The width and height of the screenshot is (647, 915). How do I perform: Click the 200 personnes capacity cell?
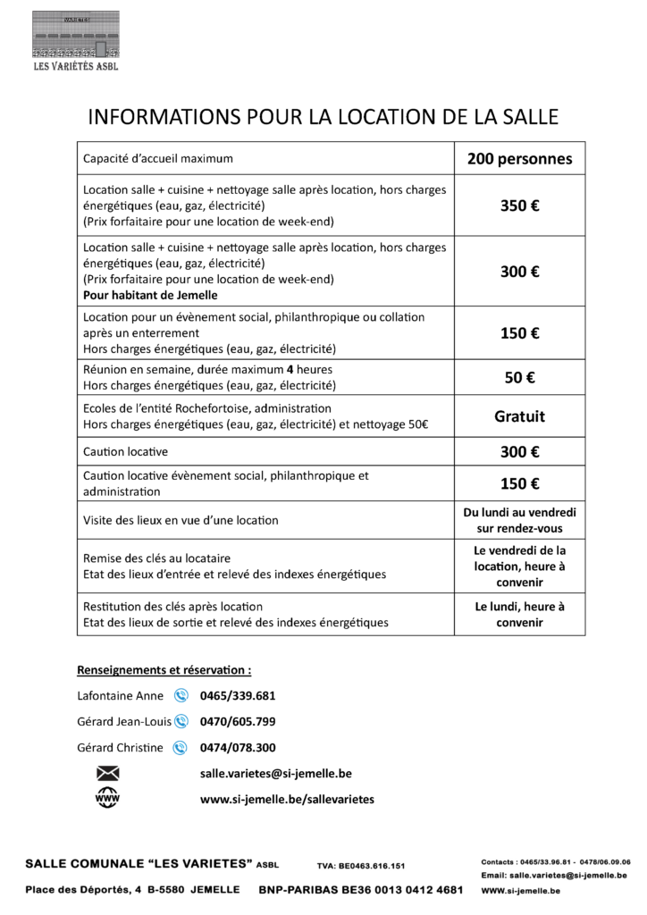click(519, 159)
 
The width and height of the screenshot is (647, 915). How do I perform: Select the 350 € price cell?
click(519, 206)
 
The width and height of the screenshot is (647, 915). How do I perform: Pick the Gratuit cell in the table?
click(519, 416)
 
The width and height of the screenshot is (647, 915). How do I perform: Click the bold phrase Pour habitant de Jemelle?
click(150, 295)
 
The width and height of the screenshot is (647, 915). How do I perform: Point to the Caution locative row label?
click(125, 451)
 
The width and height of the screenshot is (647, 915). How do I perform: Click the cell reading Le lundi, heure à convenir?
click(519, 614)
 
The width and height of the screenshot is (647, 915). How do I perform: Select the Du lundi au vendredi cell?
click(519, 520)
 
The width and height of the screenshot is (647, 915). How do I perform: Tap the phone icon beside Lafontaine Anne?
click(181, 695)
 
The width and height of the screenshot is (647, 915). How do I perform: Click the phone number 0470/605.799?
click(238, 721)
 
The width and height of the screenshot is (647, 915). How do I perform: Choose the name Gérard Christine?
click(121, 747)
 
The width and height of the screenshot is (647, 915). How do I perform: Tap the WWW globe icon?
click(106, 798)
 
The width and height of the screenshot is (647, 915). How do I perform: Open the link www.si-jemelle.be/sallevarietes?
click(287, 799)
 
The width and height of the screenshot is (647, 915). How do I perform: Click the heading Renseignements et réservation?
click(164, 668)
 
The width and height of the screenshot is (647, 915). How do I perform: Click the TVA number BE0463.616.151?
click(360, 866)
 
